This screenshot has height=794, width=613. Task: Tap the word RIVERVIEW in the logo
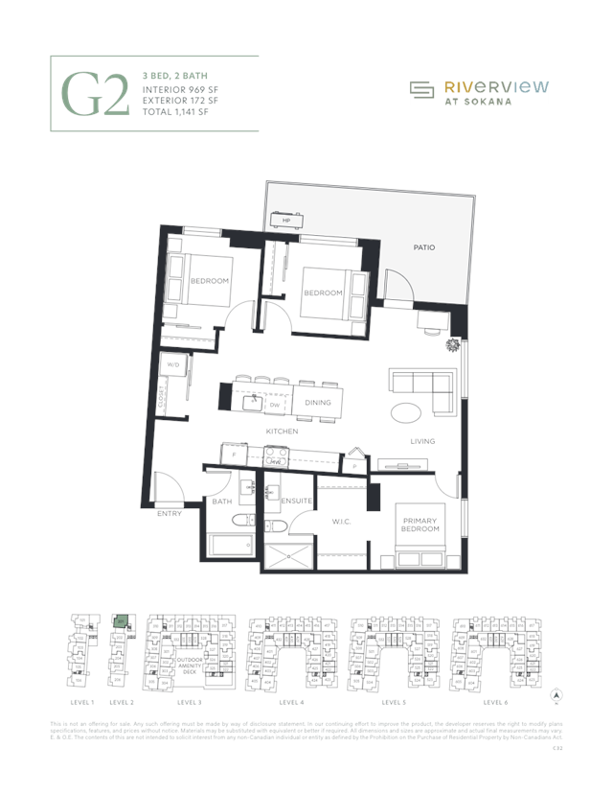pyautogui.click(x=495, y=86)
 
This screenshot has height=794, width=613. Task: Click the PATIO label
pyautogui.click(x=424, y=247)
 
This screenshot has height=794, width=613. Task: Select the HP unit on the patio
pyautogui.click(x=286, y=221)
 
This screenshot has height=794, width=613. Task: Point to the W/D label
pyautogui.click(x=173, y=365)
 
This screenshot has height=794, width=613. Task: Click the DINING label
pyautogui.click(x=318, y=403)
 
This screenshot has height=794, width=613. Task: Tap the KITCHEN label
pyautogui.click(x=283, y=432)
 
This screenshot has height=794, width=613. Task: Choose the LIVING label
pyautogui.click(x=422, y=441)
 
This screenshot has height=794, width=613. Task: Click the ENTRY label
pyautogui.click(x=170, y=514)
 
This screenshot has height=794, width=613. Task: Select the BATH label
pyautogui.click(x=222, y=502)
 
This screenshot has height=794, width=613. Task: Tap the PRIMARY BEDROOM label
pyautogui.click(x=420, y=525)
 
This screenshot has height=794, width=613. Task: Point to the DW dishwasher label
pyautogui.click(x=274, y=405)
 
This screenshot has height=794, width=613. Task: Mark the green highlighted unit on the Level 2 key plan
pyautogui.click(x=121, y=620)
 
